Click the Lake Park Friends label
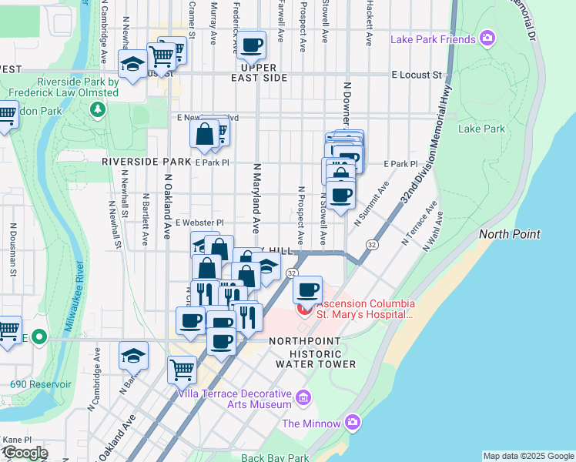[433, 39]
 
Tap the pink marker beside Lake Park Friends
[487, 38]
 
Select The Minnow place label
[311, 423]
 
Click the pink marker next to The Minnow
[353, 422]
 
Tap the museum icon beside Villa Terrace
[303, 397]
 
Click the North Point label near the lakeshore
[509, 234]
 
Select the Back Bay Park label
[274, 457]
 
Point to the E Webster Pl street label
[199, 223]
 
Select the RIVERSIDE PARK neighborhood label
[146, 162]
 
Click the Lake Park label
[481, 129]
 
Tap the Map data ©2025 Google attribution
[528, 456]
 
